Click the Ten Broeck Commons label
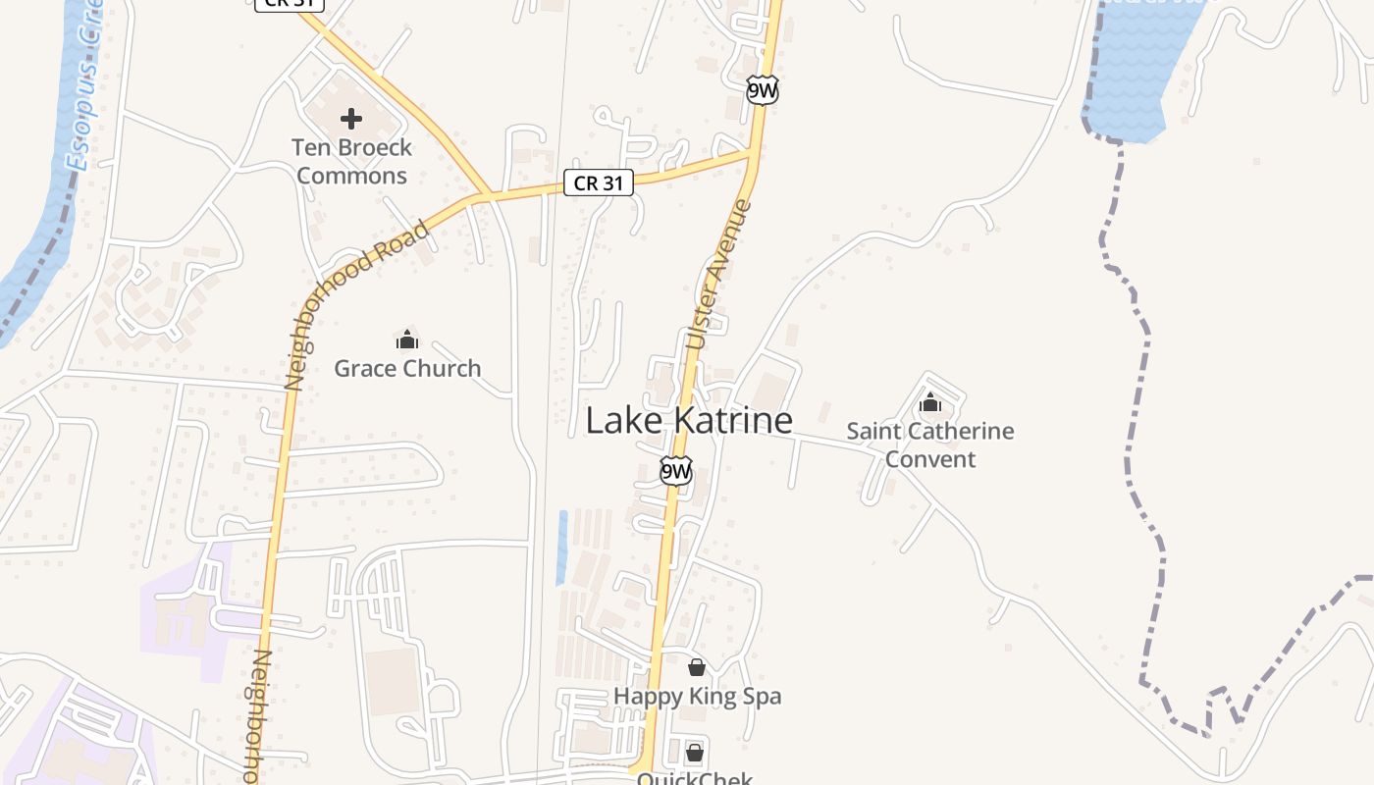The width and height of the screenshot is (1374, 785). pos(351,162)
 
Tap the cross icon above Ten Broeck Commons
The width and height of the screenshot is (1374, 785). pos(351,120)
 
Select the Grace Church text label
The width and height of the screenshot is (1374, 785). pos(407,369)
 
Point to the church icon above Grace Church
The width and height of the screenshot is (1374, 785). pos(407,340)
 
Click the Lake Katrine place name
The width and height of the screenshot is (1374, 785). pos(689,421)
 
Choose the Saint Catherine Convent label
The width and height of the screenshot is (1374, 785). pos(930,445)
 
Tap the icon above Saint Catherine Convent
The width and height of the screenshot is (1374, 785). pos(930,402)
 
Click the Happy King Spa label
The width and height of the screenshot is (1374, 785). pos(697,697)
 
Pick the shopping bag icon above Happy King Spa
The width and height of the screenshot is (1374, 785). pos(697,667)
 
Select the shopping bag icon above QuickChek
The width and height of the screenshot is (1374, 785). pos(695,753)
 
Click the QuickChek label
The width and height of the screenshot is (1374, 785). pos(695,778)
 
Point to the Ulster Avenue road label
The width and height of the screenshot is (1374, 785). pos(718,275)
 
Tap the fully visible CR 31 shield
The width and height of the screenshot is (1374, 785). pos(599,183)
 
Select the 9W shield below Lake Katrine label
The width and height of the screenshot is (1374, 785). pos(675,472)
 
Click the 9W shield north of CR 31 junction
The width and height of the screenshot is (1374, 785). pos(762,91)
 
